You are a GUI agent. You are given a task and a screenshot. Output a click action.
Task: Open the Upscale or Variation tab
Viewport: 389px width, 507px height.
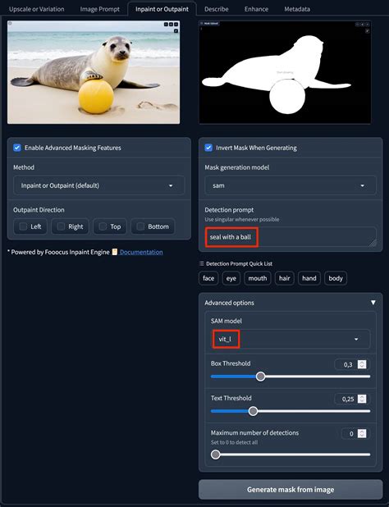click(x=36, y=9)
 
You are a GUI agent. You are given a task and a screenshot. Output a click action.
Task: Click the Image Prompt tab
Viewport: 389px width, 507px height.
click(x=98, y=9)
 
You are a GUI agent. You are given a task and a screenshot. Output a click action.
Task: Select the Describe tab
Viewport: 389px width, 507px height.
click(x=216, y=9)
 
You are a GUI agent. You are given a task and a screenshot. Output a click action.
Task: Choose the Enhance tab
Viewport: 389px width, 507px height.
click(x=255, y=9)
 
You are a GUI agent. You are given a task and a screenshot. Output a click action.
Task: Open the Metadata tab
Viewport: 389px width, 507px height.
click(x=296, y=9)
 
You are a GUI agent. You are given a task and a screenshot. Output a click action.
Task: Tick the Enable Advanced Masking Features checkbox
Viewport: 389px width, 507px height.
click(x=18, y=148)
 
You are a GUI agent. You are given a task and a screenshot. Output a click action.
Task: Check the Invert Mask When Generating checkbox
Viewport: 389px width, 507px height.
click(x=209, y=148)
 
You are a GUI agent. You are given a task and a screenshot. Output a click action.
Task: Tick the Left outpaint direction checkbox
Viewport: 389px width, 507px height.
click(x=23, y=226)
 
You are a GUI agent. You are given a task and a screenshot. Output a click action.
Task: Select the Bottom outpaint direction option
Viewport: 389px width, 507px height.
click(x=141, y=226)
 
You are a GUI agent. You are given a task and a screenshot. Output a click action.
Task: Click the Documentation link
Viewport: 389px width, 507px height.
click(x=140, y=252)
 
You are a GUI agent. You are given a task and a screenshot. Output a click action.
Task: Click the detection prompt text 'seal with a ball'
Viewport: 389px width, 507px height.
click(x=231, y=237)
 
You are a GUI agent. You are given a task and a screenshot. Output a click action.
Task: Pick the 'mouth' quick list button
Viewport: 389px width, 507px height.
click(x=258, y=278)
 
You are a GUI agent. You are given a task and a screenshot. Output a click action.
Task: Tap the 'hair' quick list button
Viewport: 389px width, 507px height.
click(x=284, y=278)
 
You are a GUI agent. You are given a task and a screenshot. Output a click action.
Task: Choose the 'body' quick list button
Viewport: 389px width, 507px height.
click(x=336, y=278)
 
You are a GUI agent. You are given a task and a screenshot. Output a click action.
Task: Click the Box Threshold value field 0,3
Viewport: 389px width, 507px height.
click(x=346, y=364)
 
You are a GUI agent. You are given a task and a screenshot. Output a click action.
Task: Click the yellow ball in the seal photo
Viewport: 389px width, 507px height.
click(x=95, y=98)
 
